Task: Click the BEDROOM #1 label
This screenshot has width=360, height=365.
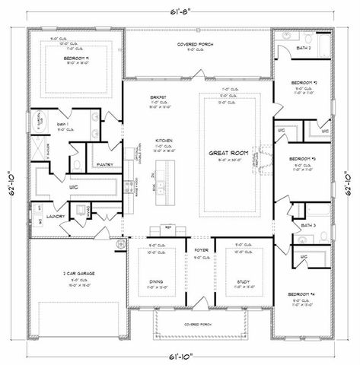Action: (x=78, y=59)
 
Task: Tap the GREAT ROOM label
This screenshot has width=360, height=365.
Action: (x=229, y=153)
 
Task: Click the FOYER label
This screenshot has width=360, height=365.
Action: (x=201, y=249)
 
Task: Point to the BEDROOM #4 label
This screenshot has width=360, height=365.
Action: (x=305, y=294)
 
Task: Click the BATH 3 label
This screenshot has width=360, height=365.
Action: (x=309, y=226)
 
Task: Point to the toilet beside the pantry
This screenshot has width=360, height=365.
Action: (x=78, y=161)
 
